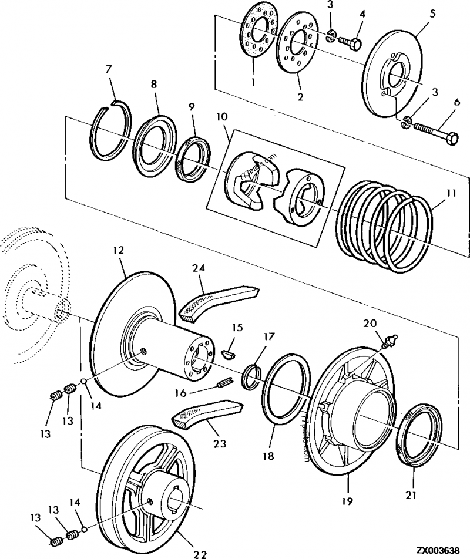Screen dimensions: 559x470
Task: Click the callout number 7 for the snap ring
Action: [x=108, y=70]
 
